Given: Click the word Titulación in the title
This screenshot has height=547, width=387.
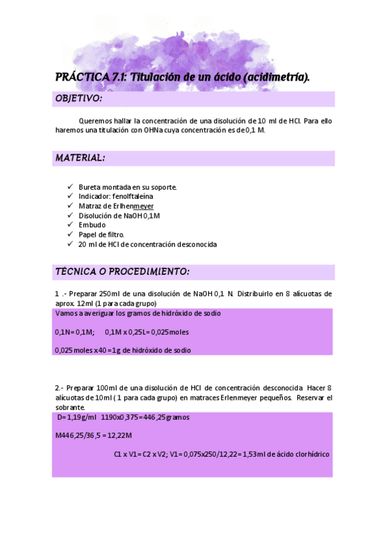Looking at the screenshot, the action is (156, 77).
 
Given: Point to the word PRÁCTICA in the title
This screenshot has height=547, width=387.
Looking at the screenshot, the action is (82, 77).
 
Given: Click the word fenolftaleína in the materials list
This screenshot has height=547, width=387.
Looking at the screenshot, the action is (133, 195).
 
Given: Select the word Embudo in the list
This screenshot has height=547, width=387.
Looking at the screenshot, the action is (92, 225).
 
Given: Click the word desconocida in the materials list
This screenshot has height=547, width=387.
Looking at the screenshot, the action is (194, 245).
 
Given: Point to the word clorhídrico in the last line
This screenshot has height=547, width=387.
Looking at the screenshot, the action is (310, 454).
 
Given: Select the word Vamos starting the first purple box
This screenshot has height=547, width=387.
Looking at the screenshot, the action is (67, 313).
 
